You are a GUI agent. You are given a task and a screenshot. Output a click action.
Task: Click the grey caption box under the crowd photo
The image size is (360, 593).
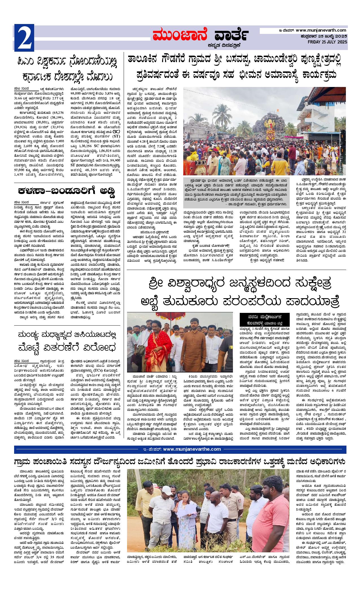(236, 193)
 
